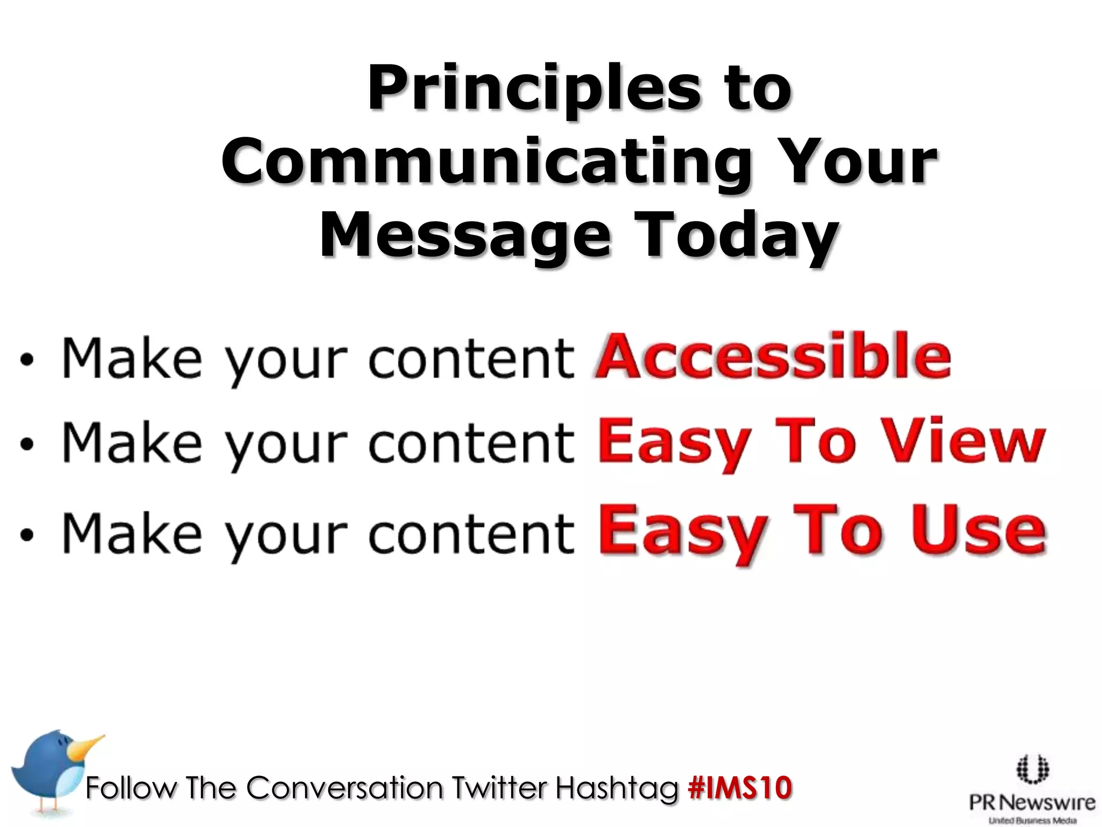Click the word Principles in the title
pos(534,88)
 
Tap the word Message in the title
pos(465,235)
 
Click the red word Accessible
pos(773,357)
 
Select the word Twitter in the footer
pos(498,788)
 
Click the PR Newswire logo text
pos(1032,803)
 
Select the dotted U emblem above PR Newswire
pos(1032,769)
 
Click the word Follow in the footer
pos(131,788)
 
